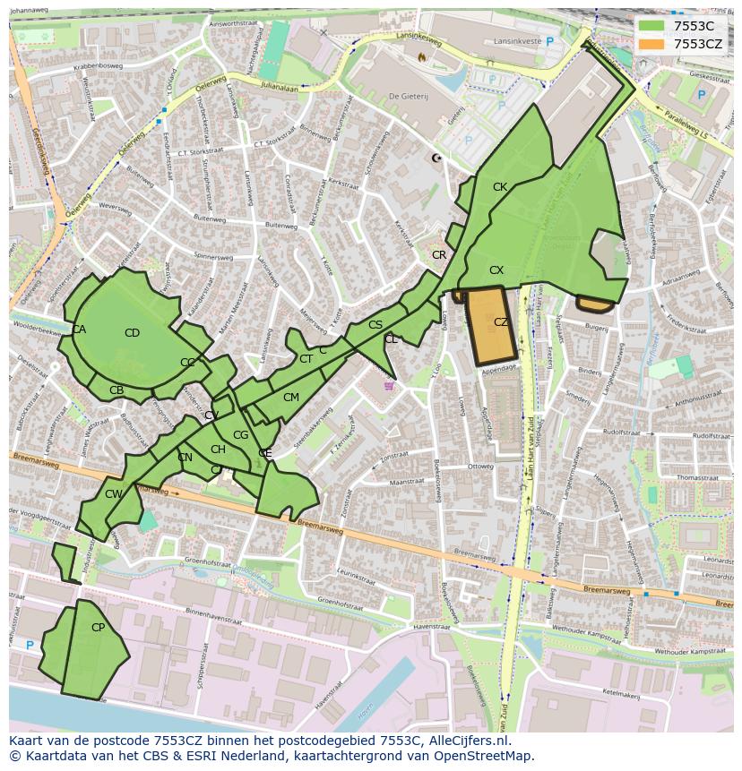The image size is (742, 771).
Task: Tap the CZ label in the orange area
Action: (501, 322)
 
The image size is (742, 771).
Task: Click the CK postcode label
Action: (500, 187)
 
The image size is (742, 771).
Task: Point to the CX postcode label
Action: (496, 270)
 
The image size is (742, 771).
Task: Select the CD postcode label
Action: (132, 333)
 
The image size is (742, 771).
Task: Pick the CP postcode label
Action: (98, 628)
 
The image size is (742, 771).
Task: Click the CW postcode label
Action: (113, 494)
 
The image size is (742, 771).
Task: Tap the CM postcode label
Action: (290, 398)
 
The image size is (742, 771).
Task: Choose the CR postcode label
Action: (439, 255)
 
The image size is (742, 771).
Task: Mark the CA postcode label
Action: (79, 330)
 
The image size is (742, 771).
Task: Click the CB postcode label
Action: (116, 390)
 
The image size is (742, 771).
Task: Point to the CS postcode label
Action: (375, 325)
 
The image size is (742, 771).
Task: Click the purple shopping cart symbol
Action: (388, 386)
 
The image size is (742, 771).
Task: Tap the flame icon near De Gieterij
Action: (422, 56)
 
